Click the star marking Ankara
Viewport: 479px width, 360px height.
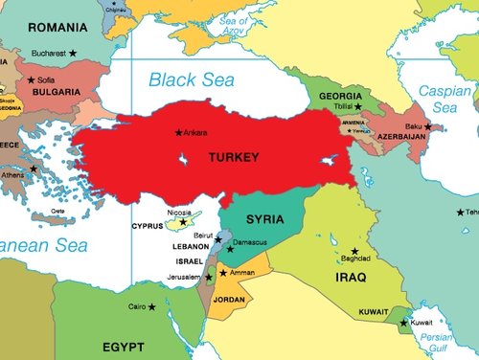click(x=177, y=132)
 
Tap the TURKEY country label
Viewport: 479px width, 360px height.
click(x=233, y=155)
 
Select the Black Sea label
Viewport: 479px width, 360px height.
click(x=191, y=80)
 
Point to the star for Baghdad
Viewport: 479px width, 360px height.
click(x=354, y=250)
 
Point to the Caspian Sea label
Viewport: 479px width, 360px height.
click(x=445, y=97)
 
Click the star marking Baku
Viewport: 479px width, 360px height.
click(x=428, y=125)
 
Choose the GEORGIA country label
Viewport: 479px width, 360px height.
click(x=340, y=97)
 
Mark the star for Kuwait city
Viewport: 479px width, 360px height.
click(x=403, y=322)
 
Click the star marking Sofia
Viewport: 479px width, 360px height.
click(x=32, y=79)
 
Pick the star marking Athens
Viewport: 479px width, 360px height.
click(x=34, y=169)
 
